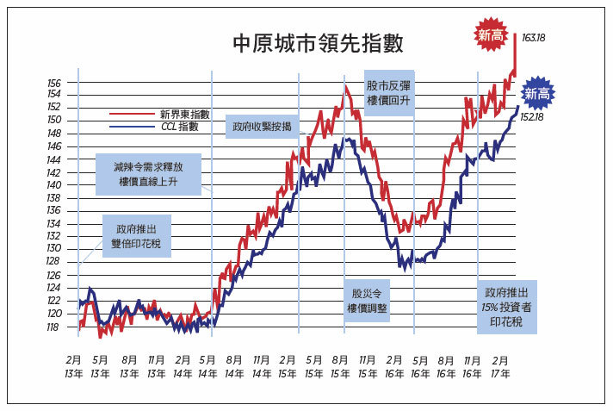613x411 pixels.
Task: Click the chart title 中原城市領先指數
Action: tap(318, 43)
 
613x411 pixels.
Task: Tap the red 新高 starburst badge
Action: tap(491, 35)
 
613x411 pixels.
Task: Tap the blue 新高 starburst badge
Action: tap(537, 94)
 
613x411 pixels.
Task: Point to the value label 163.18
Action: tap(533, 38)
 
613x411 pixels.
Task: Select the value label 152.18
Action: tap(532, 117)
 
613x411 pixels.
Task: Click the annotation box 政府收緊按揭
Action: tap(262, 127)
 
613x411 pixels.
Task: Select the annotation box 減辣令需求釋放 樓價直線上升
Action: tap(149, 174)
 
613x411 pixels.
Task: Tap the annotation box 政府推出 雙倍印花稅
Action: tap(136, 236)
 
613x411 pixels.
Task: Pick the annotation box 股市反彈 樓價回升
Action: tap(388, 93)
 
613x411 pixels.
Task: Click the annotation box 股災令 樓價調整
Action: tap(367, 301)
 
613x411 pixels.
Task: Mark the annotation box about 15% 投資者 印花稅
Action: tap(506, 308)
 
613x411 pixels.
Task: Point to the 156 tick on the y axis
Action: tap(54, 83)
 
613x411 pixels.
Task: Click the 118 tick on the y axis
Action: tap(53, 327)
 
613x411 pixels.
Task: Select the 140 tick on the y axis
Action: tap(53, 185)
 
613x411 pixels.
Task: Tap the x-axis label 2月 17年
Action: tap(500, 367)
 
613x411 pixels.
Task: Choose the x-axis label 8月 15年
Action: tap(340, 367)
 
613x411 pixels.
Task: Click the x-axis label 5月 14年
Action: tap(207, 367)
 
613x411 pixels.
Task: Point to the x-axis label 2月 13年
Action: tap(74, 367)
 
